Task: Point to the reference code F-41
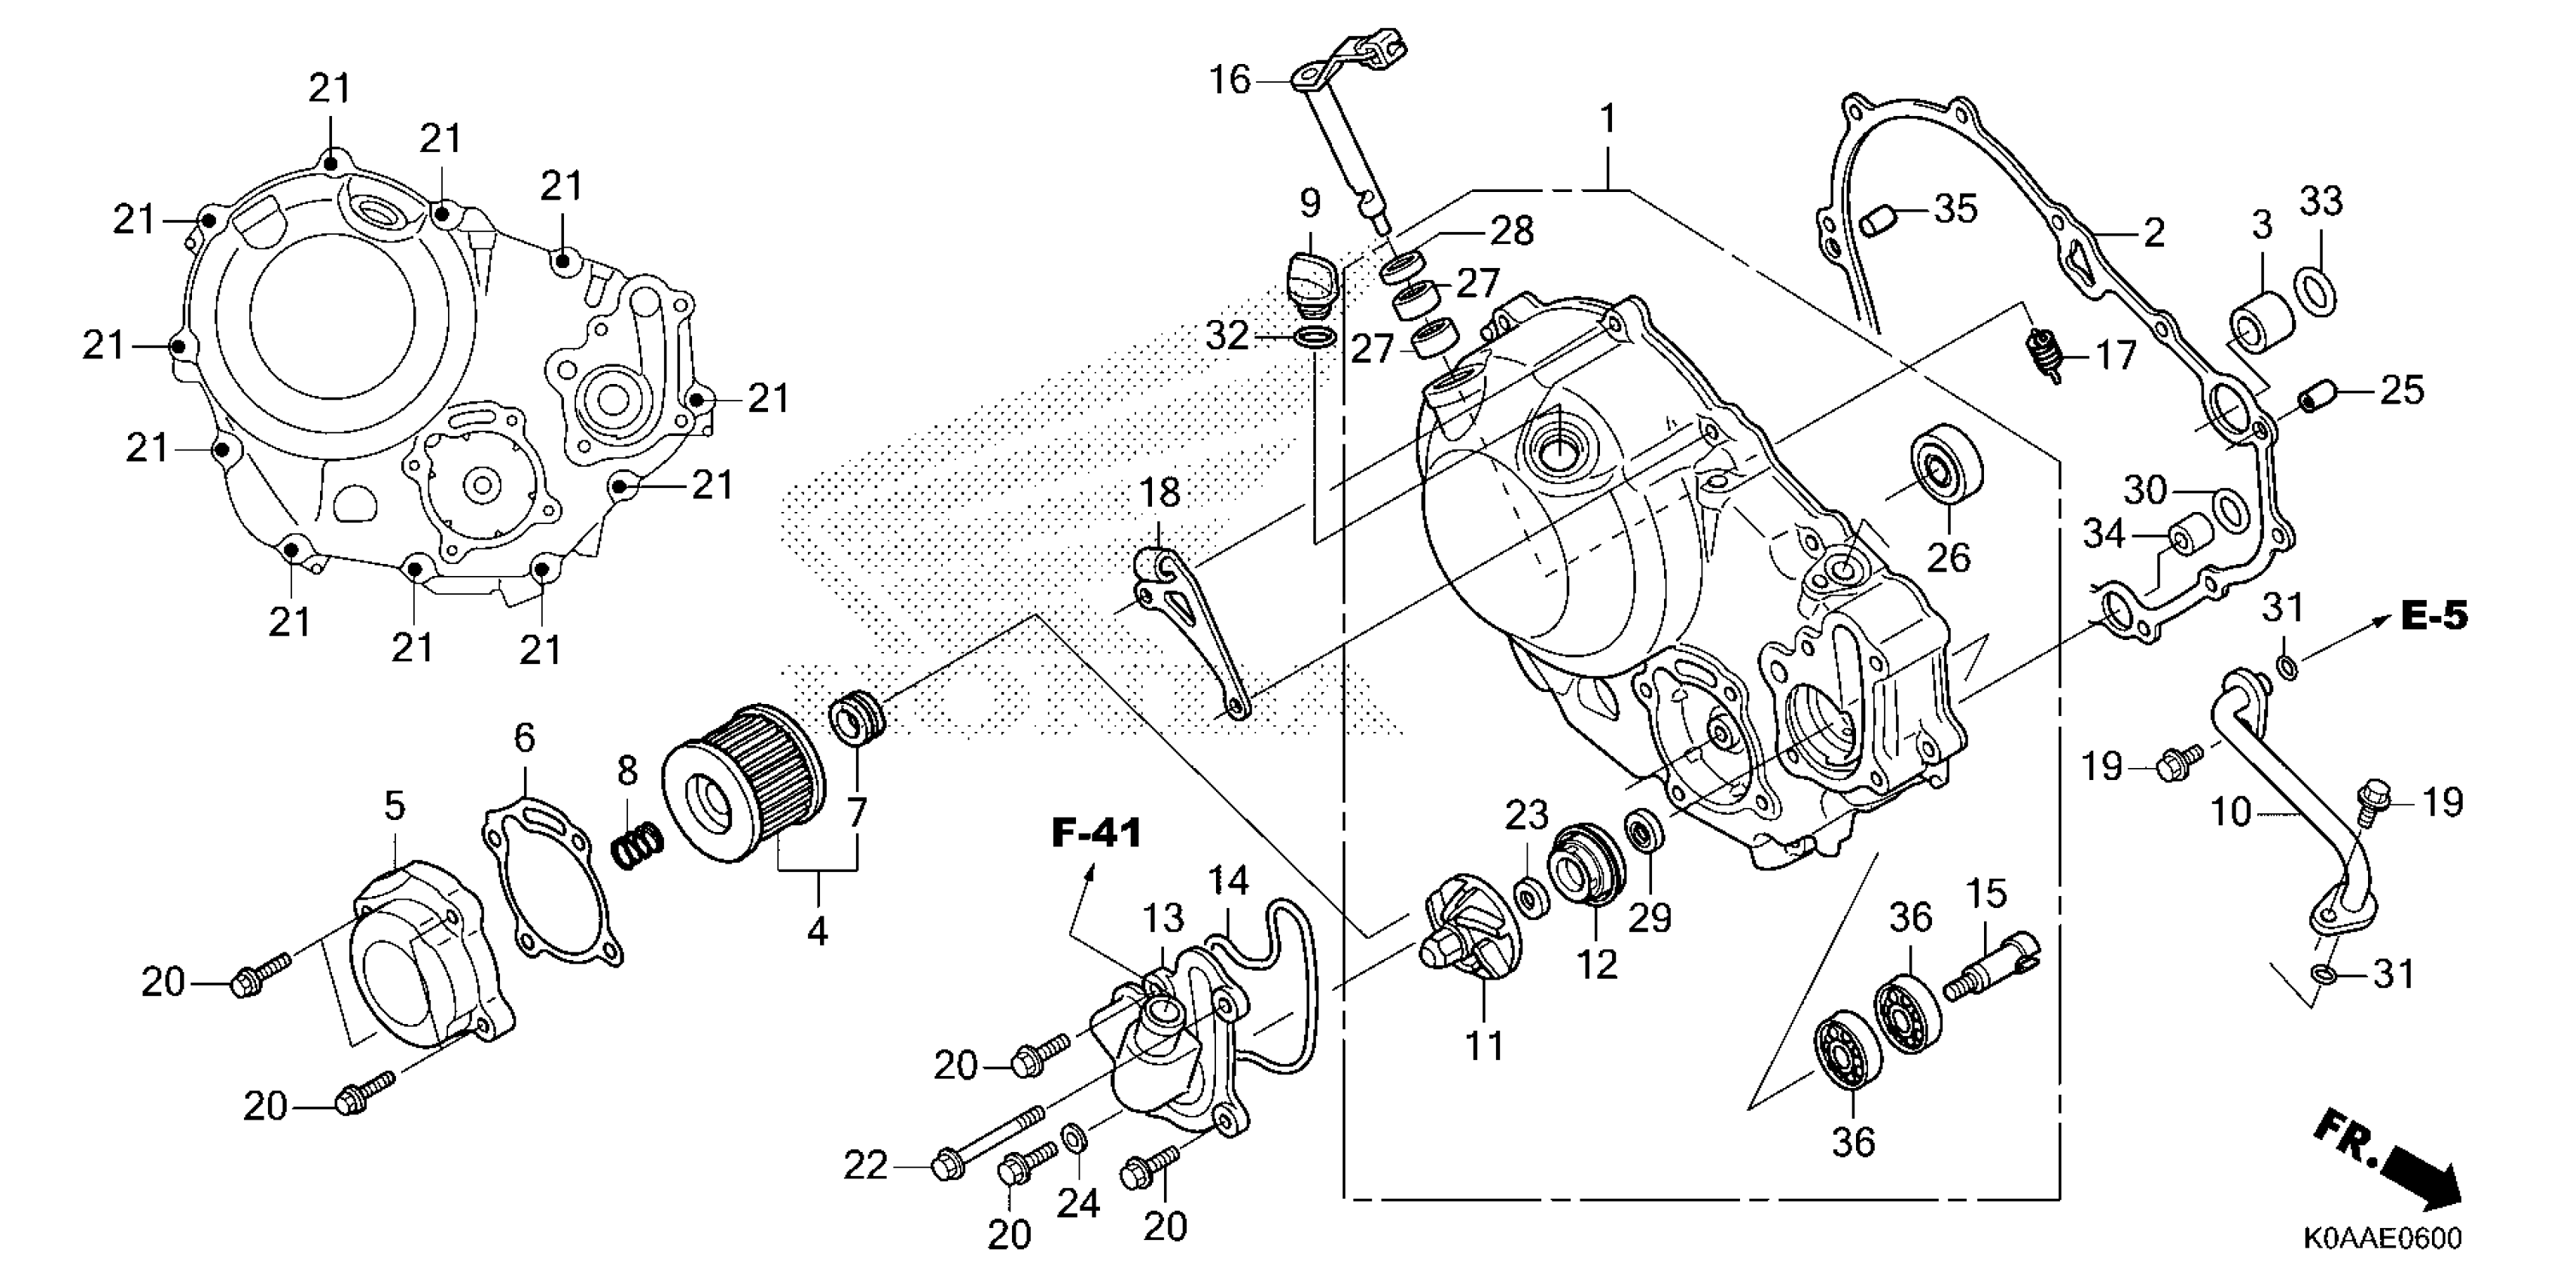pos(1097,833)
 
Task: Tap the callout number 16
pos(1230,80)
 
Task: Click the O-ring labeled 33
pos(2315,290)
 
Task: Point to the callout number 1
pos(1607,121)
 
